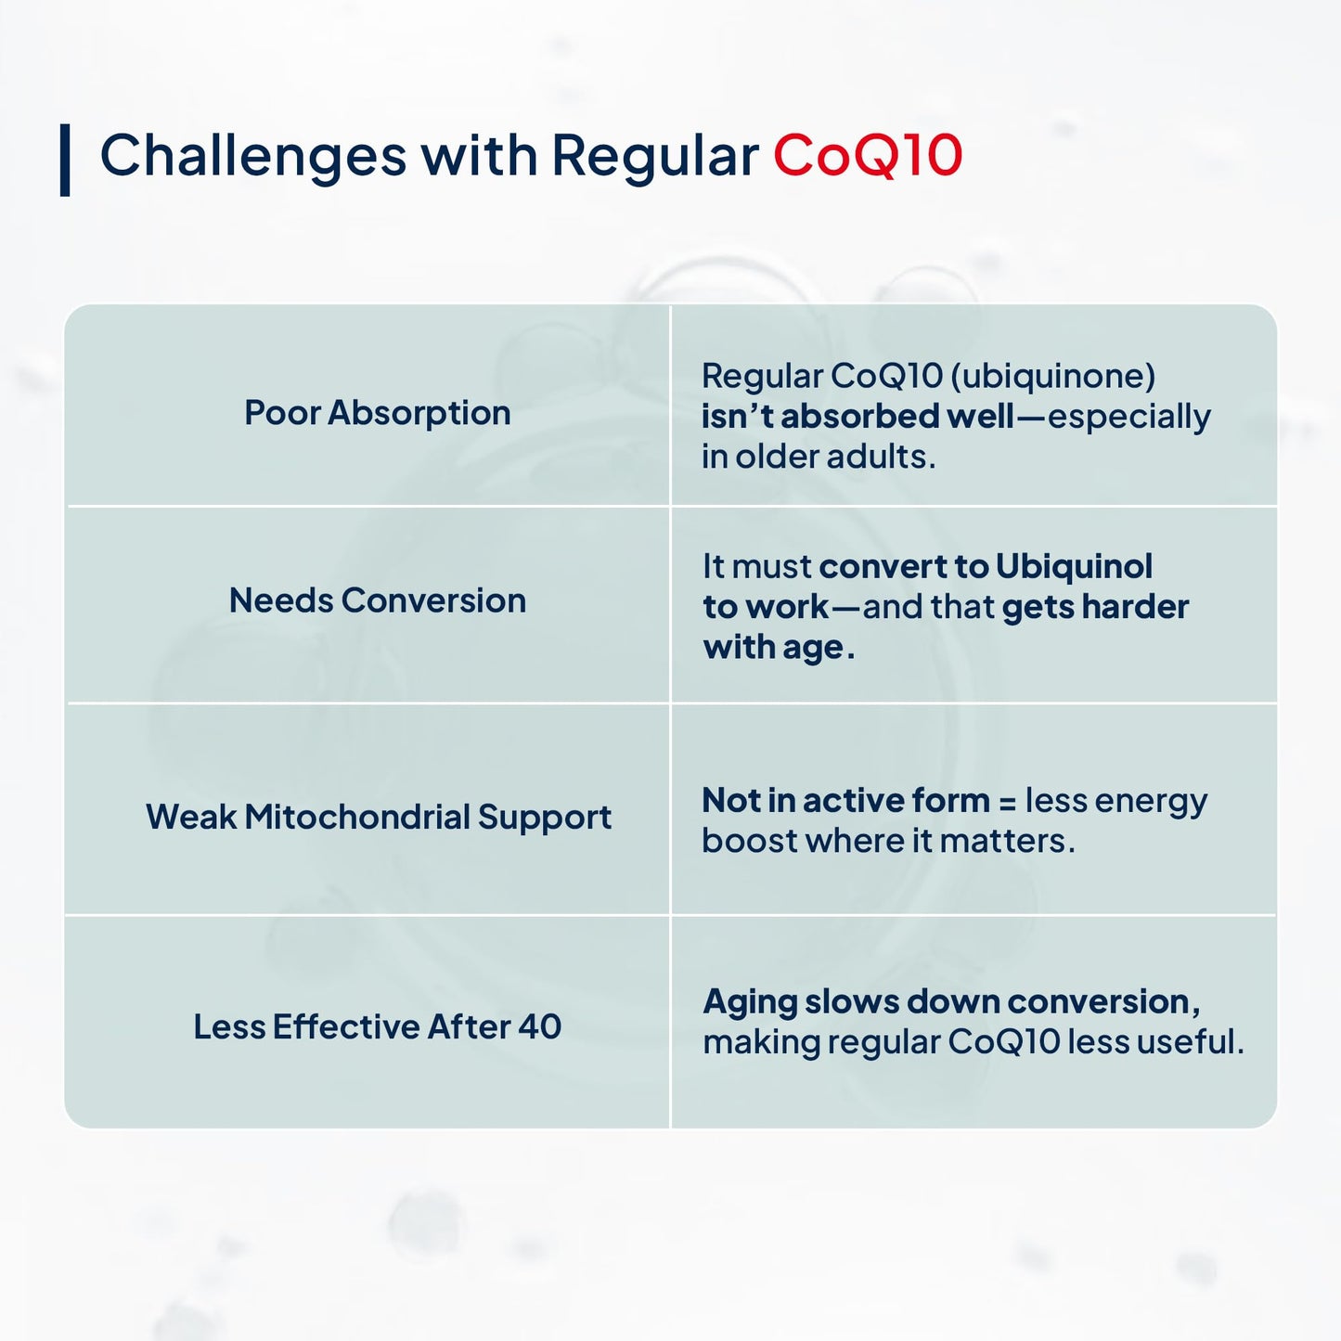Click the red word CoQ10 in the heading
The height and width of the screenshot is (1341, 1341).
tap(868, 155)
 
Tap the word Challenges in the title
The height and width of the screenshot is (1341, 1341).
tap(252, 155)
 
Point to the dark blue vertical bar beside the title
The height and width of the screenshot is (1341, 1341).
tap(65, 160)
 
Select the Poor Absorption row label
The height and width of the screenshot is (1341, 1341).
tap(377, 413)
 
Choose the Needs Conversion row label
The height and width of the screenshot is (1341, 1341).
tap(377, 600)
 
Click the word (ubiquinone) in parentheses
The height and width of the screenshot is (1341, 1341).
tap(1053, 376)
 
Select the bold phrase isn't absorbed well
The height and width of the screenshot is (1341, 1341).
tap(857, 417)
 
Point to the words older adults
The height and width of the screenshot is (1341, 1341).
tap(835, 457)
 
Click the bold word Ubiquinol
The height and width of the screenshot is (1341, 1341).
tap(1074, 566)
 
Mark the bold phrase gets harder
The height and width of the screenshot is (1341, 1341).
tap(1095, 607)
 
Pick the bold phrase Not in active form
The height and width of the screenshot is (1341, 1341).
tap(845, 800)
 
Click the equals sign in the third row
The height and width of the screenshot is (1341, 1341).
tap(1007, 801)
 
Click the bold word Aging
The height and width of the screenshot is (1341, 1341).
tap(750, 1002)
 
